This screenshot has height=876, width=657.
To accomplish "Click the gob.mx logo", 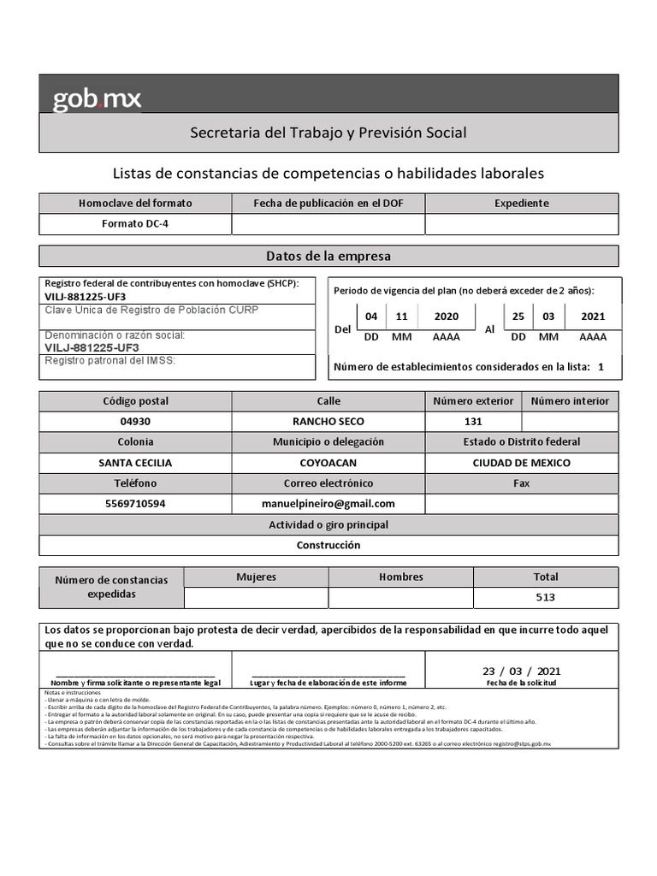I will (97, 99).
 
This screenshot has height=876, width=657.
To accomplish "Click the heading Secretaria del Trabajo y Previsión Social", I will (328, 133).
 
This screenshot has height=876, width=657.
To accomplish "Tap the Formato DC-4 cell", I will (135, 224).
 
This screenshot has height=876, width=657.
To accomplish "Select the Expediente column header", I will (521, 204).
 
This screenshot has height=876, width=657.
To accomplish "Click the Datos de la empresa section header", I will (328, 256).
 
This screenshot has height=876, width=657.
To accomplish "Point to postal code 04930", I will (135, 422).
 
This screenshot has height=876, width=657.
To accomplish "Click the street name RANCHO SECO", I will (328, 422).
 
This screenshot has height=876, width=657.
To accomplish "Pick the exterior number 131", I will (473, 422).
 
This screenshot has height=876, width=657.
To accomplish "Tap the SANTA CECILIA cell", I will (135, 463).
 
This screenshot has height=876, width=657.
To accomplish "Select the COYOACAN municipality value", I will (328, 463).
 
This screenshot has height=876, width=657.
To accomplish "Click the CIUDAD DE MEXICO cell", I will (521, 463).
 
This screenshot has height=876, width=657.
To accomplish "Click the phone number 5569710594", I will (135, 504).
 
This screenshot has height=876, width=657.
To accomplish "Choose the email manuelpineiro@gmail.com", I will (328, 504).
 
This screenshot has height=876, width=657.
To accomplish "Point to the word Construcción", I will (328, 545).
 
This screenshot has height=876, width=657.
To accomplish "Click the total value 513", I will (545, 597).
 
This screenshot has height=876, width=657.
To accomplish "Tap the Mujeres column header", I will (257, 577).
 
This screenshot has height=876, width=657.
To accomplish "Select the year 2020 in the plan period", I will (446, 317).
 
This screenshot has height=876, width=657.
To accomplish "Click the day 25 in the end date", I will (518, 317).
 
